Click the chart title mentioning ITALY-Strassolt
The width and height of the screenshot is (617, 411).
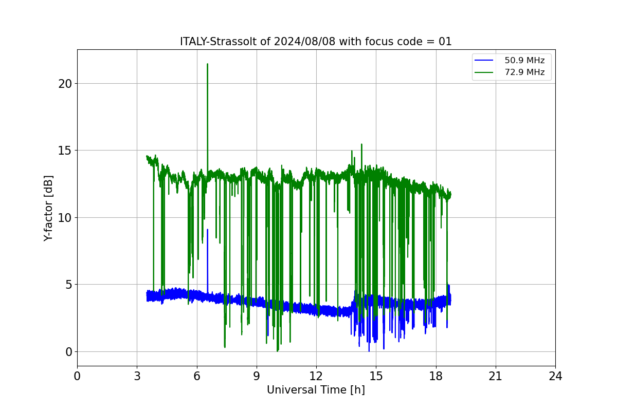316,42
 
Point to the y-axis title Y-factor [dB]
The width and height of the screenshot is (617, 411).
48,209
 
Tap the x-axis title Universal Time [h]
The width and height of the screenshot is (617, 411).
316,390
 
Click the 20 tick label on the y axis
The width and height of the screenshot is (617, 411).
65,84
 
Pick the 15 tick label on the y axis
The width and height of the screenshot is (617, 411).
65,151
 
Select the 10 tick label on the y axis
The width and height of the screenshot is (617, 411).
65,218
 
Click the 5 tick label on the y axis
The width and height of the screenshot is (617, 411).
69,285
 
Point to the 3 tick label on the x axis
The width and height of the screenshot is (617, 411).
137,376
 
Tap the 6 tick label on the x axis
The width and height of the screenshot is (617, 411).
197,376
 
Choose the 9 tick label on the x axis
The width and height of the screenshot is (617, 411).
257,376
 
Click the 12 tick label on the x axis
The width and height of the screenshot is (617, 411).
316,376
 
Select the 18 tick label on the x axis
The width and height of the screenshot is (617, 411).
436,376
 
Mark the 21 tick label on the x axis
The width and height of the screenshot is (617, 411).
496,376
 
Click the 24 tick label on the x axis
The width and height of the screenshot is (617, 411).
556,376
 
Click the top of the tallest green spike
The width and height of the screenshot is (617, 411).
207,64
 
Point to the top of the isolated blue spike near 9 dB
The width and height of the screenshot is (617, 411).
207,230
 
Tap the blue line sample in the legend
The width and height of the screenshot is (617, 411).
484,60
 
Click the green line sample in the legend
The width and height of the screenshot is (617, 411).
484,72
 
